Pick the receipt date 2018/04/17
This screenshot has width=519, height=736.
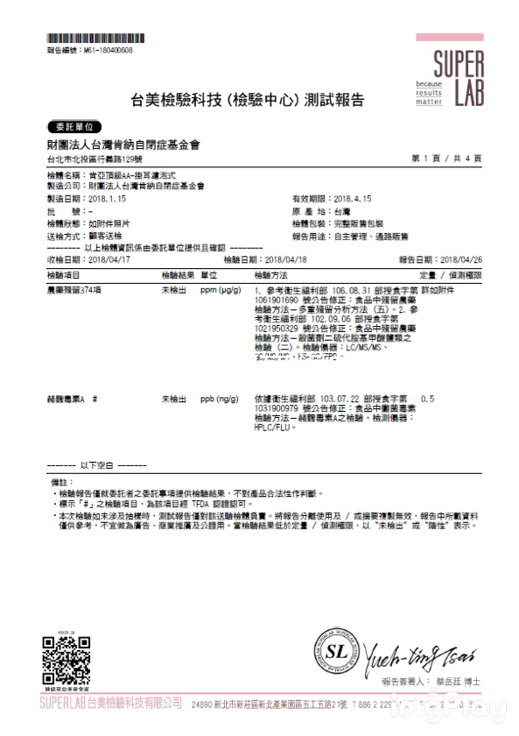[x=109, y=260]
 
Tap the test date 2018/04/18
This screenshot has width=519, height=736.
[x=286, y=260]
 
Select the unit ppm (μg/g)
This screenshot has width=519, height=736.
[x=221, y=288]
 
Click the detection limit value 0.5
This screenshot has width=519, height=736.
[x=428, y=399]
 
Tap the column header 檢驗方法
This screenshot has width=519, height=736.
[x=268, y=274]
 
